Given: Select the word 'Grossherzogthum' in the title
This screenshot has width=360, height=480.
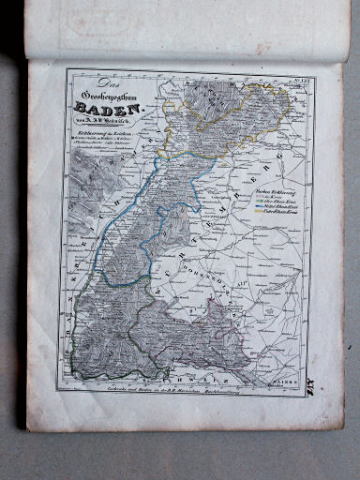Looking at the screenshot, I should click(x=110, y=96).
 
